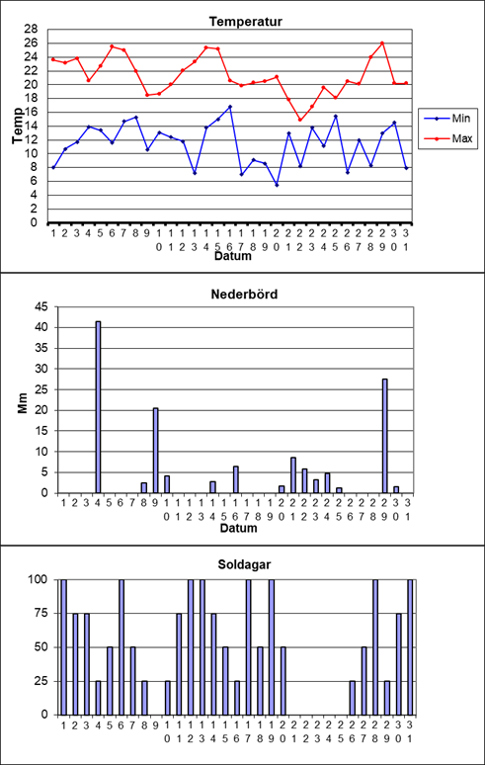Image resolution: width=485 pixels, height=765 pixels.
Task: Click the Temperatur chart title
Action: pos(246,22)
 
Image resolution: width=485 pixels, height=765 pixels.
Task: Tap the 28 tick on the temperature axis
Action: pos(31,30)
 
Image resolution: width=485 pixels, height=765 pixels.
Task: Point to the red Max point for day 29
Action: pos(382,42)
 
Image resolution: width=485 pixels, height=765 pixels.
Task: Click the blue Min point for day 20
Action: pos(277,185)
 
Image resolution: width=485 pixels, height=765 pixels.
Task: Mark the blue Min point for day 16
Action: pos(229,107)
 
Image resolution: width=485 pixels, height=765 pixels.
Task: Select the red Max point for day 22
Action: pos(299,120)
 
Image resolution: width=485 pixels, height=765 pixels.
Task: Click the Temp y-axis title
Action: pos(18,126)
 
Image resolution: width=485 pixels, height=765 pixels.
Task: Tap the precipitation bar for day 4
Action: pos(98,407)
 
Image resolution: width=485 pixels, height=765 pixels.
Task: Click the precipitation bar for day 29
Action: pos(384,436)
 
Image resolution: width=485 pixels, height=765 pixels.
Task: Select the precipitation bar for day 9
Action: pos(155,451)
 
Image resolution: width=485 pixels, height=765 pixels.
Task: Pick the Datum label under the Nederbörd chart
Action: pos(238,529)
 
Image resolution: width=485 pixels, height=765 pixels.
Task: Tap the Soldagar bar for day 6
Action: pos(121,647)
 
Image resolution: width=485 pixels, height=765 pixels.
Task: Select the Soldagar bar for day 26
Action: pos(352,698)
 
